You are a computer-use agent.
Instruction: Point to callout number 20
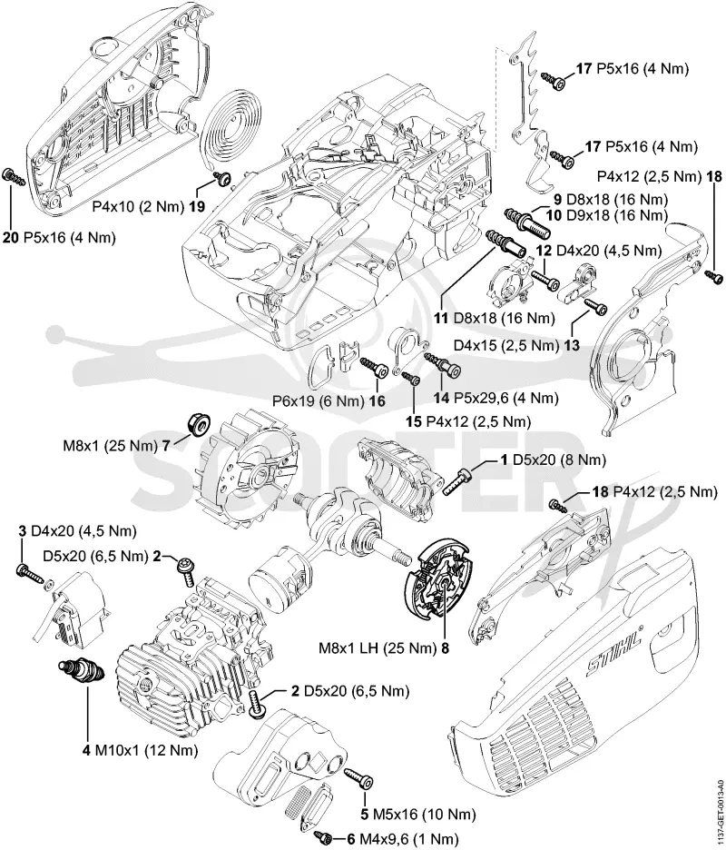click(x=10, y=238)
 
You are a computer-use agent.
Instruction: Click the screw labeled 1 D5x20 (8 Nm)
click(x=457, y=482)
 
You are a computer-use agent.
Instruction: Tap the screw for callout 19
click(x=221, y=178)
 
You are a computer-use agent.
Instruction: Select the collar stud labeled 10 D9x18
click(x=527, y=222)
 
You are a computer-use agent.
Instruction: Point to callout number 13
click(x=572, y=345)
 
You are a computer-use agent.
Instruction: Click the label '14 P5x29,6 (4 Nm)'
click(x=495, y=398)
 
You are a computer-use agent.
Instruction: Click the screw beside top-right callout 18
click(x=714, y=277)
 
